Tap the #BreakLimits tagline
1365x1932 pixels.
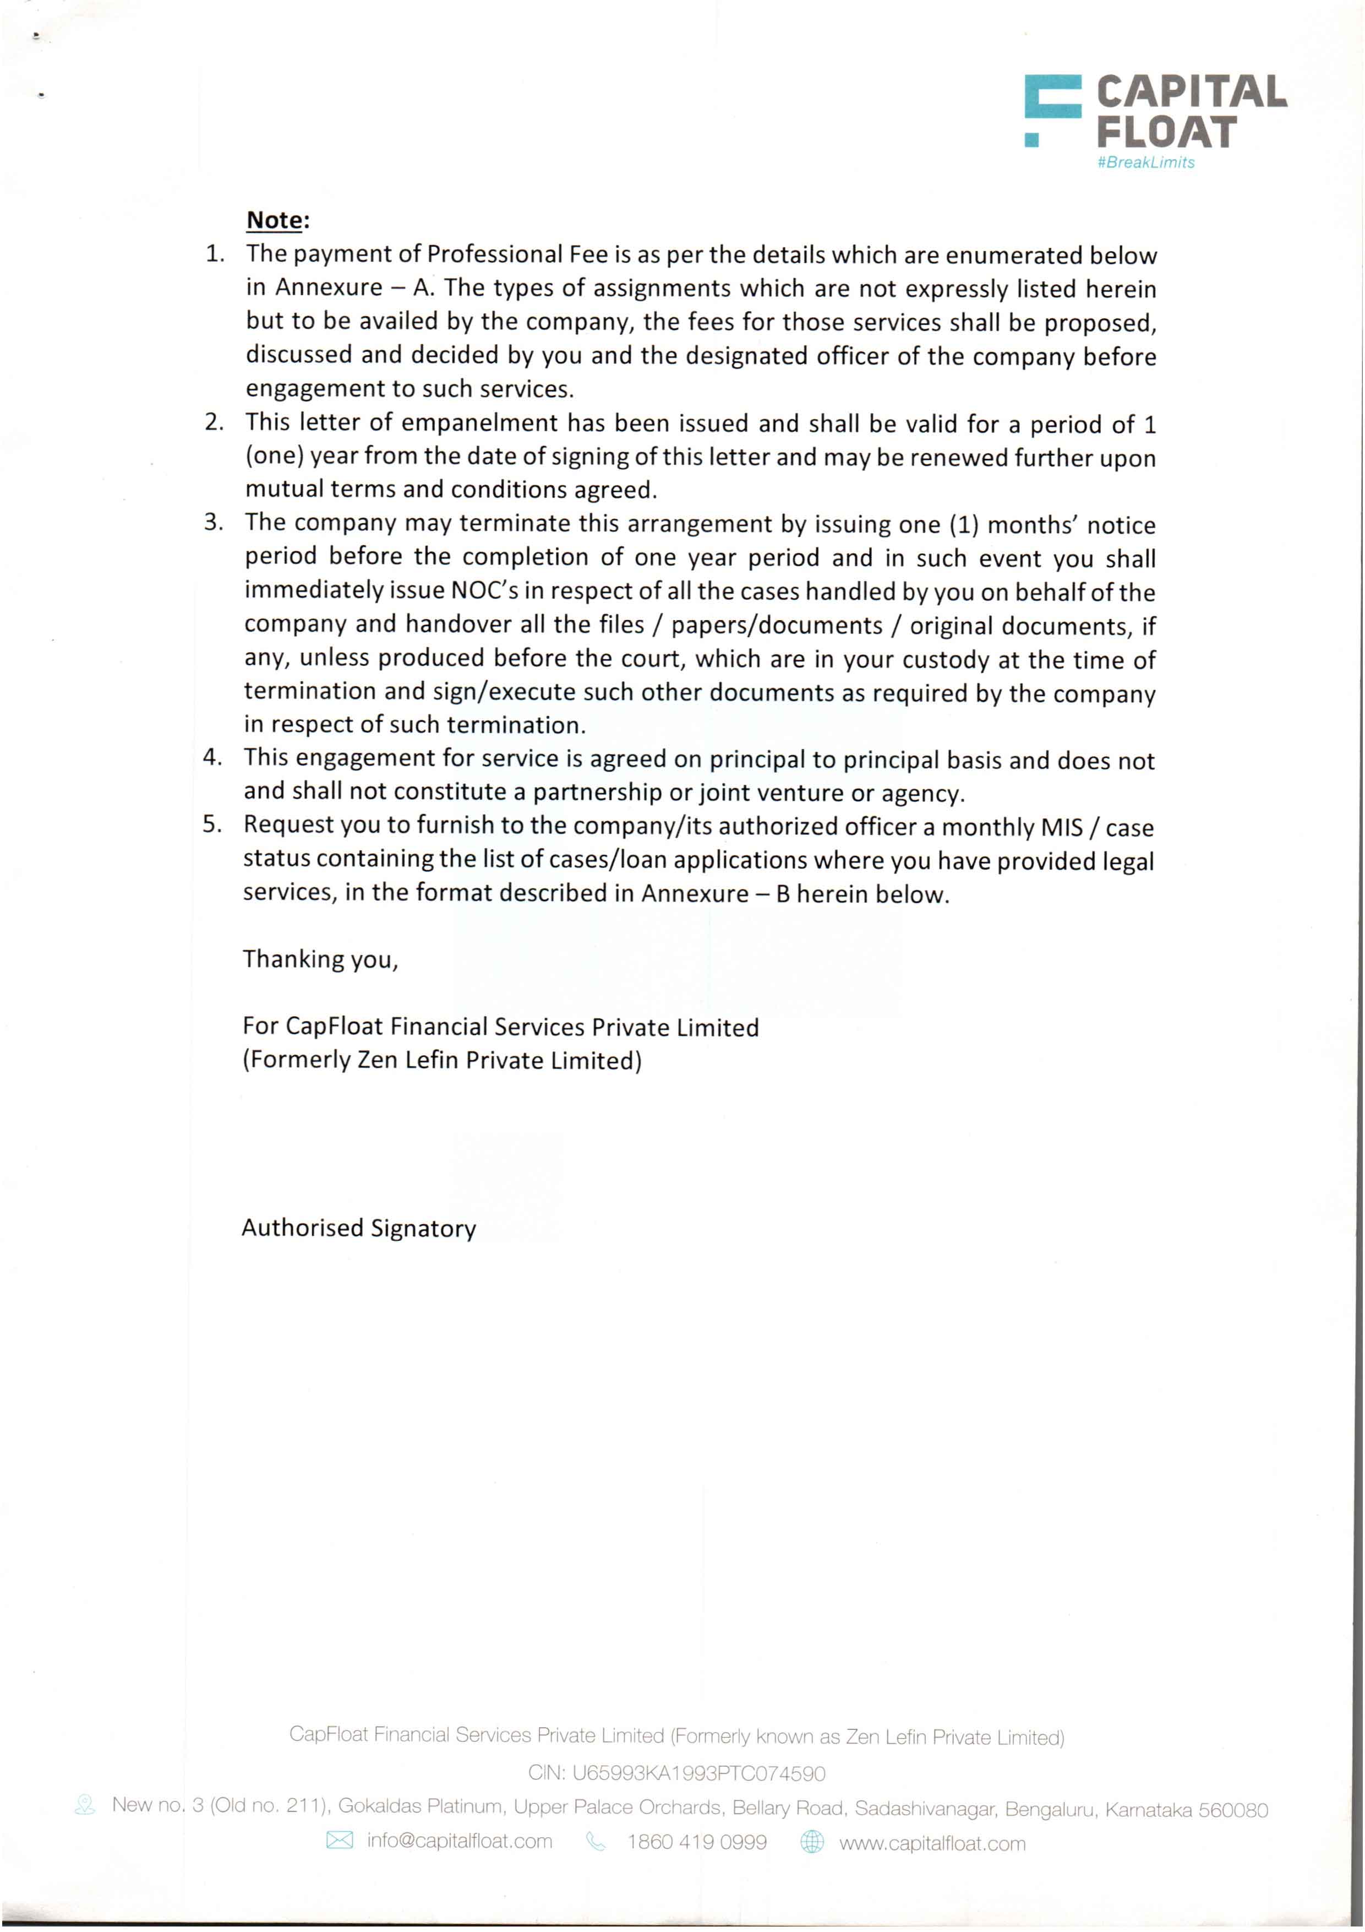click(1145, 162)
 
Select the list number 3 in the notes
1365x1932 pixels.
click(214, 523)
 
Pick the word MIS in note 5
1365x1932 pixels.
click(1061, 827)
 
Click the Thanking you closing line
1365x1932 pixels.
click(320, 959)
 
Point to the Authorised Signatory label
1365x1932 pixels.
click(358, 1229)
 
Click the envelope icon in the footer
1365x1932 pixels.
click(339, 1841)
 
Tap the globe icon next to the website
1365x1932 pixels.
click(812, 1842)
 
